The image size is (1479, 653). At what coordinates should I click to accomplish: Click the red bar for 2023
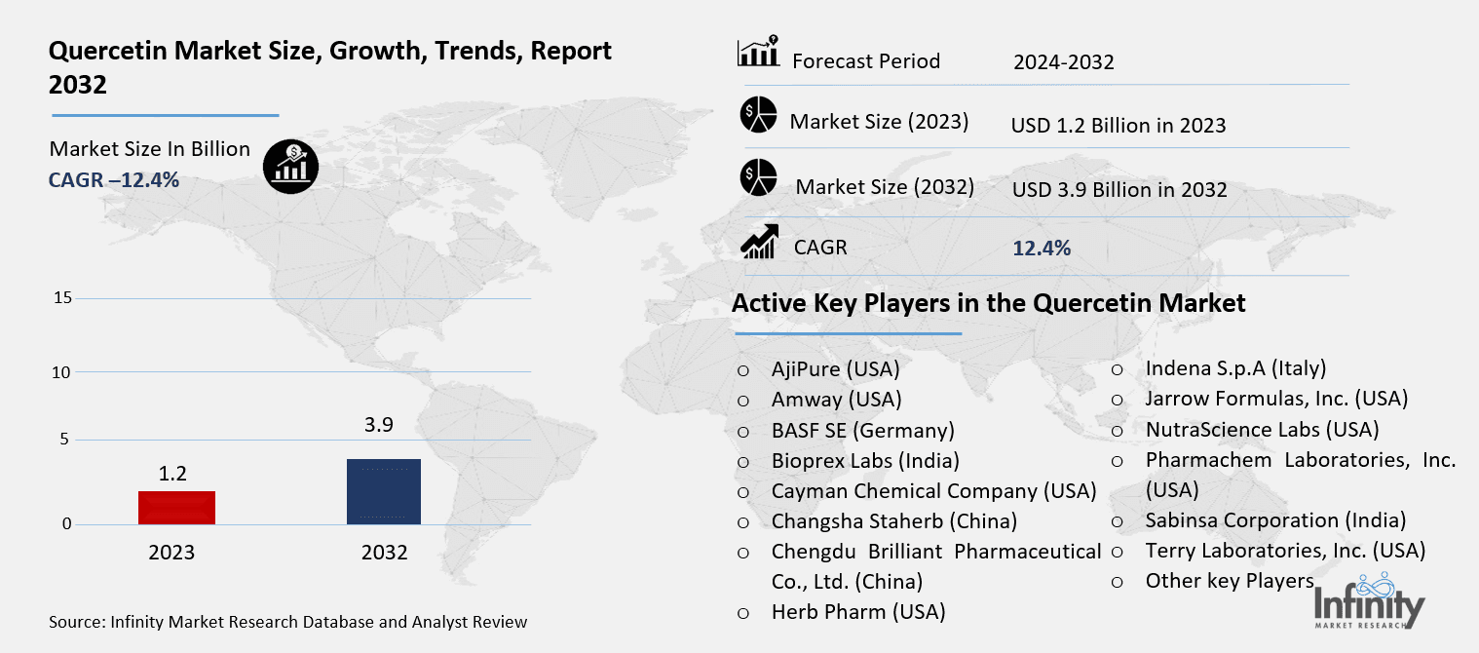[x=176, y=507]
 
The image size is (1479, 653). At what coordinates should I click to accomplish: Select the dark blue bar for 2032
[x=384, y=491]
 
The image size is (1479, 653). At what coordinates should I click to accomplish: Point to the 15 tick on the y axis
[x=62, y=298]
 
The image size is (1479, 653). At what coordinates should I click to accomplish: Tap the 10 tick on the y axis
[x=62, y=372]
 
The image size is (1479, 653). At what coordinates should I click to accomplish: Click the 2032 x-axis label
[x=384, y=553]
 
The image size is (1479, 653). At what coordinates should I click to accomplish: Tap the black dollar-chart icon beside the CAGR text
[x=290, y=165]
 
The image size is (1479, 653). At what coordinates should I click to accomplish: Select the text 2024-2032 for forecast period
[x=1063, y=63]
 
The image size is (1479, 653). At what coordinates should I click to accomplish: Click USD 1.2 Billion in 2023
[x=1119, y=126]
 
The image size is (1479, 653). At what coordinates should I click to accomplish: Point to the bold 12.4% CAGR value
[x=1042, y=249]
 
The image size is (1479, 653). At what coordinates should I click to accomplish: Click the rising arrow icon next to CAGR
[x=759, y=242]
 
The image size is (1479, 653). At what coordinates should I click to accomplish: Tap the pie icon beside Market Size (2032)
[x=757, y=179]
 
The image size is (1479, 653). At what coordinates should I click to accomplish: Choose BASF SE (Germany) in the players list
[x=862, y=430]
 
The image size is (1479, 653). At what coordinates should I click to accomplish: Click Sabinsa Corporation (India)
[x=1275, y=520]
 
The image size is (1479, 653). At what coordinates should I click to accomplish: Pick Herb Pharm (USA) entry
[x=857, y=612]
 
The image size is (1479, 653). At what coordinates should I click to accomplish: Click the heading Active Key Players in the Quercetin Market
[x=988, y=303]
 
